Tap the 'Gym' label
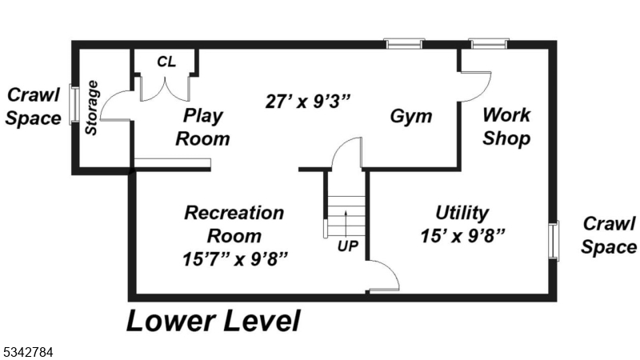(411, 116)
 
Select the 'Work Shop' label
(506, 126)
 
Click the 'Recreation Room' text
(234, 224)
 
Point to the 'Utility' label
(462, 213)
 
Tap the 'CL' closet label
(166, 62)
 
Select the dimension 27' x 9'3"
(308, 102)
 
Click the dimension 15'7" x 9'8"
(234, 258)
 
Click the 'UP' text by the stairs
(347, 246)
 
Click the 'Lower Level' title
(213, 321)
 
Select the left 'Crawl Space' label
(34, 106)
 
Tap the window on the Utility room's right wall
(553, 240)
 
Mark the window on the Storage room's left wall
(74, 105)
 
